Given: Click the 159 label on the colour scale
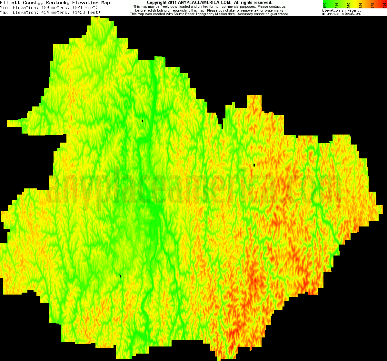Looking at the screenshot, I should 325,5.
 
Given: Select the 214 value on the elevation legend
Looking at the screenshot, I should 337,5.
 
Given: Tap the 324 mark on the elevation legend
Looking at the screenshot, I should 361,5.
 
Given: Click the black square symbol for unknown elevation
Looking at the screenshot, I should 323,14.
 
